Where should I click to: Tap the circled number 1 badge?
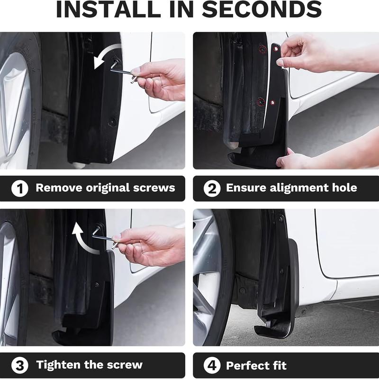(x=19, y=189)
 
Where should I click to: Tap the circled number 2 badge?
(x=212, y=189)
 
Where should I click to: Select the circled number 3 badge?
(x=19, y=365)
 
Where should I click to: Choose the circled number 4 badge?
(x=212, y=365)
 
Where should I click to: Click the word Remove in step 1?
(x=59, y=188)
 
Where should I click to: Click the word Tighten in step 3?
(x=60, y=365)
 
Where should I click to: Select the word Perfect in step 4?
(x=248, y=365)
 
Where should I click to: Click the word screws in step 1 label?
(x=154, y=188)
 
